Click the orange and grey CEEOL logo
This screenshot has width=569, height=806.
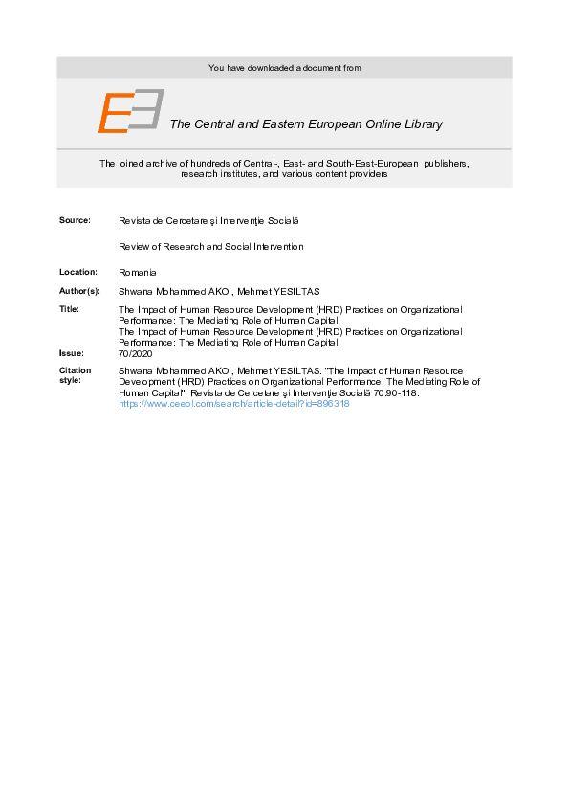click(x=130, y=111)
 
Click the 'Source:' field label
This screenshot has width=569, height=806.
click(x=75, y=220)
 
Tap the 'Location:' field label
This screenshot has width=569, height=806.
click(x=77, y=273)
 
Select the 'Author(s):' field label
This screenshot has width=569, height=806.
click(x=79, y=290)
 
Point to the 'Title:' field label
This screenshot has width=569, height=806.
click(x=69, y=309)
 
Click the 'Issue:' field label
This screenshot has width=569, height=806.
click(x=72, y=353)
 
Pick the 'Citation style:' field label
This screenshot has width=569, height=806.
click(x=76, y=374)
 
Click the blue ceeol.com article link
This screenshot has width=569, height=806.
click(x=233, y=404)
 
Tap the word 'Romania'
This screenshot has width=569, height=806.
click(x=138, y=273)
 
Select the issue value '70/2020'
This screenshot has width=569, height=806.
click(x=136, y=353)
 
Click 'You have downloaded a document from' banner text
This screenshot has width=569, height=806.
click(x=284, y=68)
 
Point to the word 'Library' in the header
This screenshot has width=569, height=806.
click(x=422, y=124)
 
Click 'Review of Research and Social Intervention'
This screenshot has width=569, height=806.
click(x=210, y=247)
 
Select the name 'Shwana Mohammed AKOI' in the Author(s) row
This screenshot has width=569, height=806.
click(x=174, y=290)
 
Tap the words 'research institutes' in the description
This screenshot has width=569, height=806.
click(x=217, y=174)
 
